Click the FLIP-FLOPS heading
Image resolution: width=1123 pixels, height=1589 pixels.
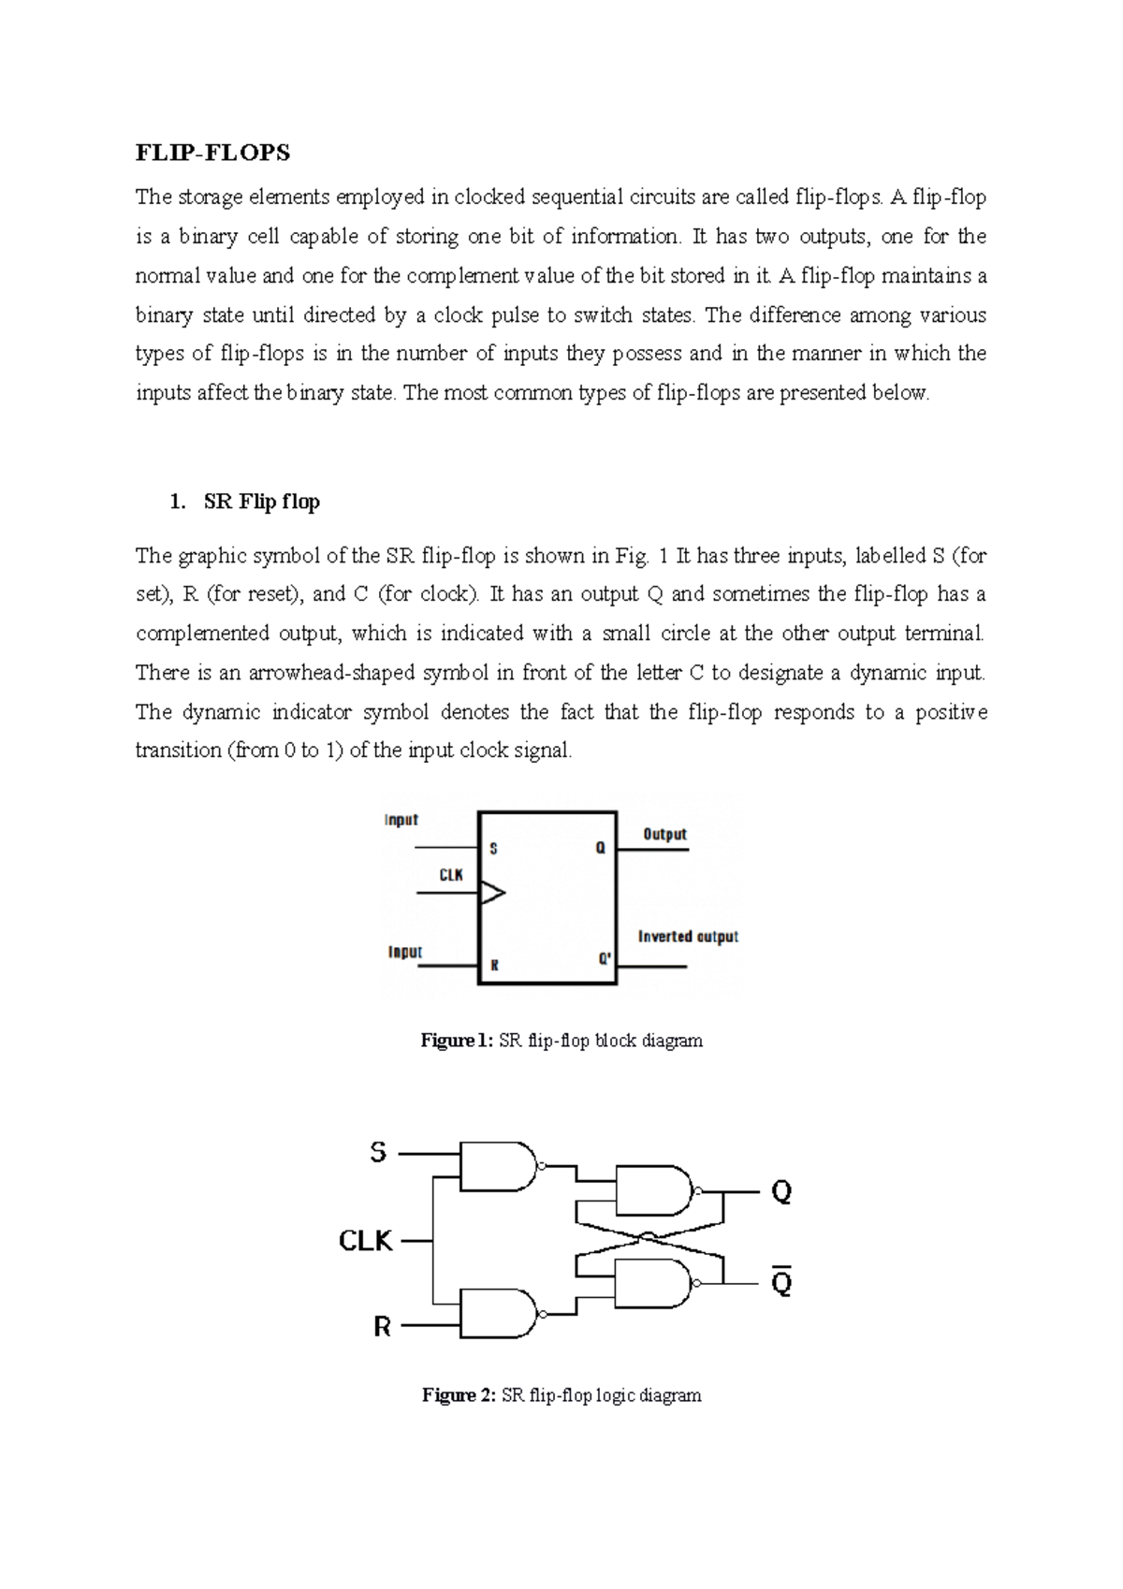(212, 153)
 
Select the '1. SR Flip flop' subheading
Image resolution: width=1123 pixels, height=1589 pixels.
(245, 502)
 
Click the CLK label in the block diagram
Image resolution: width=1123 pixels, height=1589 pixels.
(451, 875)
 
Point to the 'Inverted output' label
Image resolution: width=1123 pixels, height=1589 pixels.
(688, 937)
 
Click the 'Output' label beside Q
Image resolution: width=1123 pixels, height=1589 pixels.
(664, 834)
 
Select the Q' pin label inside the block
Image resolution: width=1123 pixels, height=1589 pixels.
(605, 959)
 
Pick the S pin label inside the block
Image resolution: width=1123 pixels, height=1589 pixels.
(493, 849)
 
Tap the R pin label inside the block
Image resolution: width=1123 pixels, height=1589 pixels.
(494, 965)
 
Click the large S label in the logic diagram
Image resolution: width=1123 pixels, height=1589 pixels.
(378, 1153)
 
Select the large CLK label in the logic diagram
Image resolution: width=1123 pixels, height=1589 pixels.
(365, 1241)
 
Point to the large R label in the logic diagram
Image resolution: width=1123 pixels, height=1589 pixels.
(382, 1327)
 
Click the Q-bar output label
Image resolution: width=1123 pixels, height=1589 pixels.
(780, 1282)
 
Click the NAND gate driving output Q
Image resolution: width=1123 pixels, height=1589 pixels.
(653, 1191)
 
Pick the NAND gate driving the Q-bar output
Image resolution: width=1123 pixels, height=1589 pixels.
(653, 1283)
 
